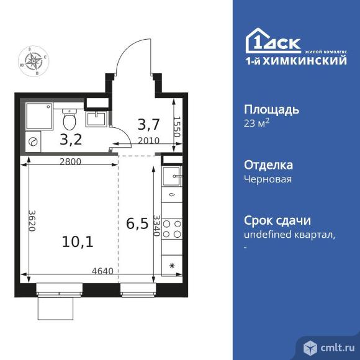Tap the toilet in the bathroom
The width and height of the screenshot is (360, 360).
(x=70, y=117)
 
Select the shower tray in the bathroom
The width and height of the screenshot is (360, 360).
(x=39, y=116)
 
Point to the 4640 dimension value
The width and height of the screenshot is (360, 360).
(x=102, y=270)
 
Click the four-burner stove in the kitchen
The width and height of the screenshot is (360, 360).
(x=171, y=229)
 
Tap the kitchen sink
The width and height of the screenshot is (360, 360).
(x=171, y=175)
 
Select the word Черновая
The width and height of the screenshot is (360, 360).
(x=268, y=179)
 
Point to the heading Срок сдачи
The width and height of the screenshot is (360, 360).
(x=277, y=220)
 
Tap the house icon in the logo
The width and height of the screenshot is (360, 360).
(x=258, y=40)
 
